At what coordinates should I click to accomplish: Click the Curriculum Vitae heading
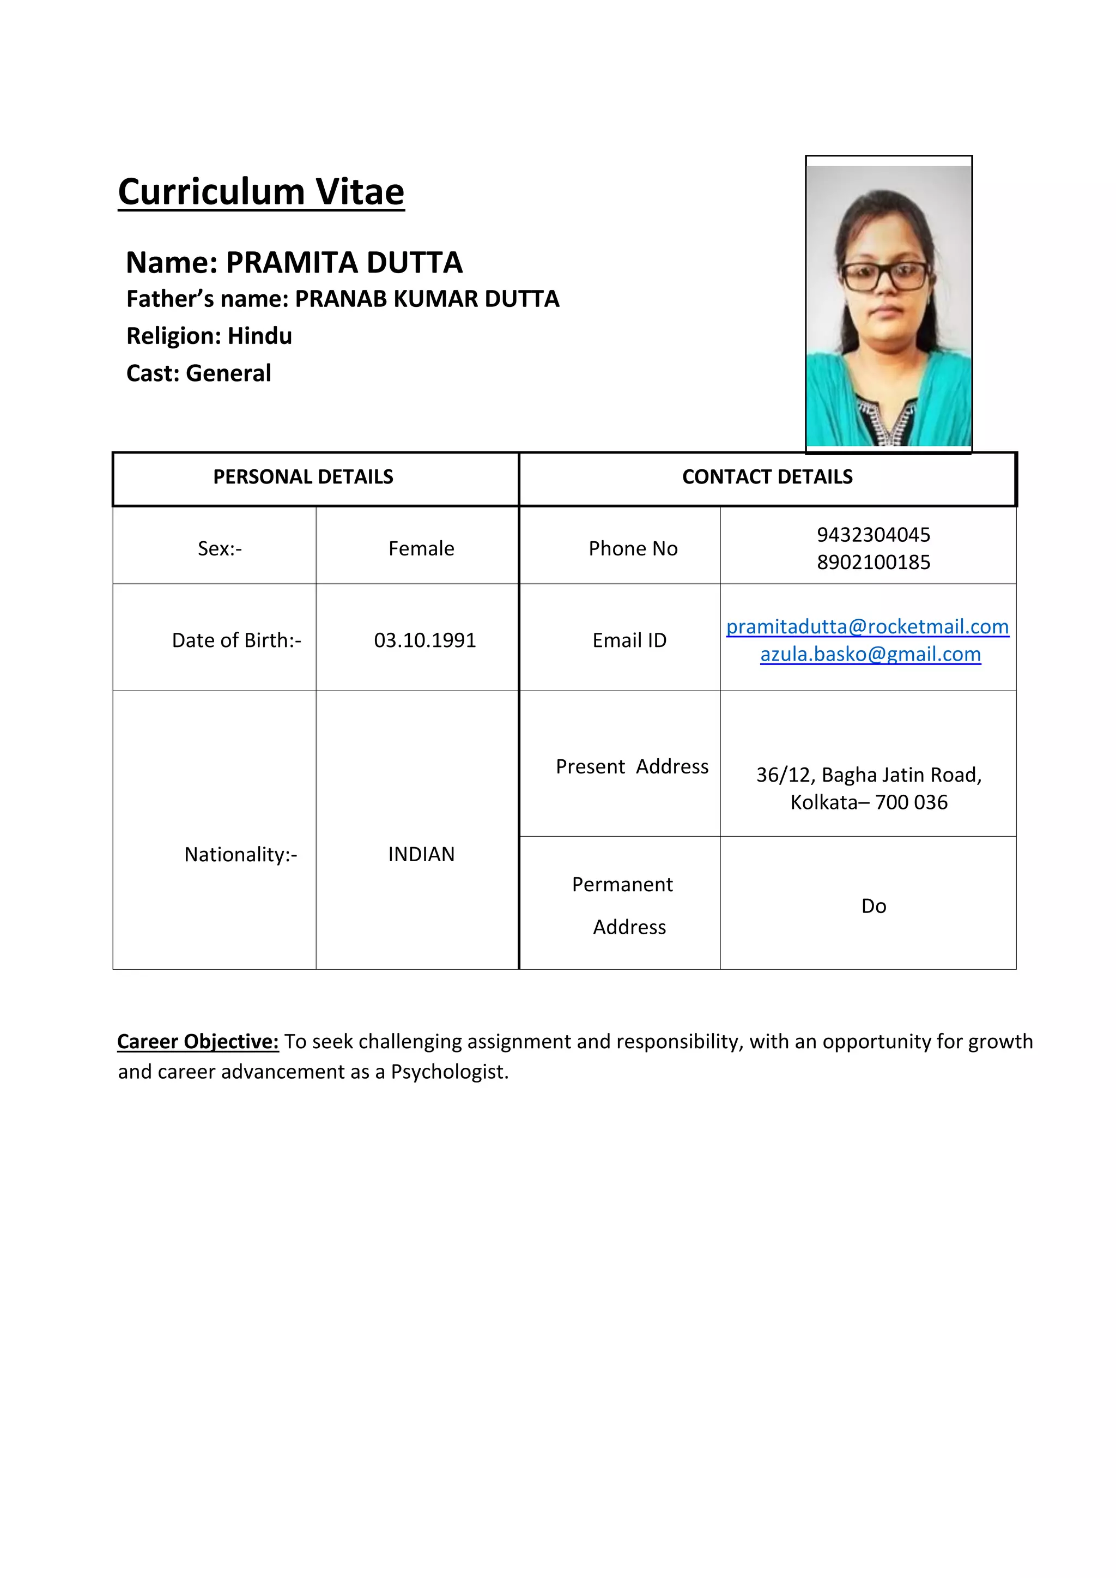pyautogui.click(x=261, y=192)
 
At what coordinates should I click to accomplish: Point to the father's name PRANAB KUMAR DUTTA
pyautogui.click(x=427, y=299)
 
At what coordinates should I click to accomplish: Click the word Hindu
pyautogui.click(x=260, y=336)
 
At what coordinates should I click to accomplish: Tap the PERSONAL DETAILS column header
pyautogui.click(x=303, y=477)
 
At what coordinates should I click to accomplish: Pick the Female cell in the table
pyautogui.click(x=421, y=548)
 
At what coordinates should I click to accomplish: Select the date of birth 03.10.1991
pyautogui.click(x=424, y=640)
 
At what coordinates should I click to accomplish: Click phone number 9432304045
pyautogui.click(x=873, y=535)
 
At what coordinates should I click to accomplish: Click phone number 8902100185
pyautogui.click(x=873, y=562)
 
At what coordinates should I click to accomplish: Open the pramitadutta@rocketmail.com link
pyautogui.click(x=867, y=626)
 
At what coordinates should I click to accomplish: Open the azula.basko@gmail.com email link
pyautogui.click(x=870, y=654)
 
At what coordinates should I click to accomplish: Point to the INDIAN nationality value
pyautogui.click(x=421, y=854)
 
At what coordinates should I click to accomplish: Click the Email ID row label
pyautogui.click(x=629, y=640)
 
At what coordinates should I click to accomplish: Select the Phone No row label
pyautogui.click(x=633, y=548)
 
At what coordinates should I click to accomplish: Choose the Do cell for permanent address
pyautogui.click(x=874, y=906)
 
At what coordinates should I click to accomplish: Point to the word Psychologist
pyautogui.click(x=450, y=1072)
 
